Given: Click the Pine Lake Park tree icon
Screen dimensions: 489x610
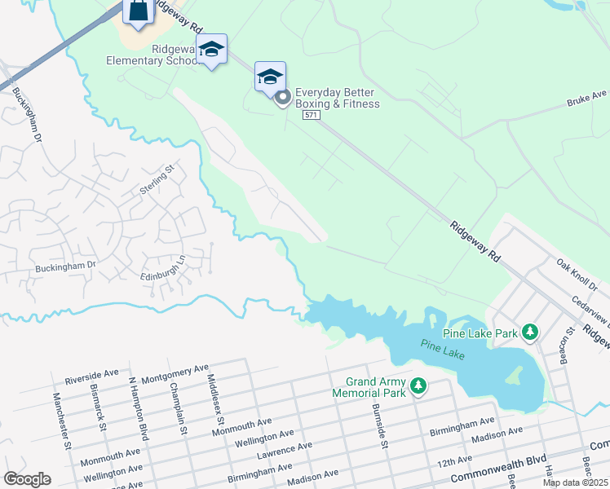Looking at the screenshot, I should point(531,333).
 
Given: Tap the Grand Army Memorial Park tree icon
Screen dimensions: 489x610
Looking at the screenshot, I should point(418,385).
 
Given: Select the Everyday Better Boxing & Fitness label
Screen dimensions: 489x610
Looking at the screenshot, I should point(337,98).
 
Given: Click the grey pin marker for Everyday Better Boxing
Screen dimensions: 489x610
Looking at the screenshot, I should point(283,99).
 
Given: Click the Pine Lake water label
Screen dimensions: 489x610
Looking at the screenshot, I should point(440,346).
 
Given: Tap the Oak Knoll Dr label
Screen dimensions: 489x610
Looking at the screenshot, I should point(577,275).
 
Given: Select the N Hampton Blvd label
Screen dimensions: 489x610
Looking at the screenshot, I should point(138,405).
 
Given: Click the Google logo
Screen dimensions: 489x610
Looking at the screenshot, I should point(27,479).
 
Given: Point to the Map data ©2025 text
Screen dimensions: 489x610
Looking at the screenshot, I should point(575,482).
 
